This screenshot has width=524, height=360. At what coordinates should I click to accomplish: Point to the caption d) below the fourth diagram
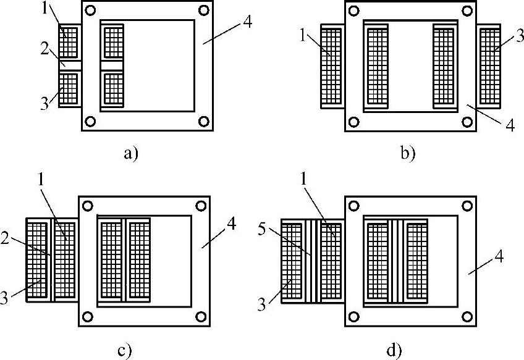click(x=394, y=351)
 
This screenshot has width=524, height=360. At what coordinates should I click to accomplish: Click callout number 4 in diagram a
click(x=247, y=22)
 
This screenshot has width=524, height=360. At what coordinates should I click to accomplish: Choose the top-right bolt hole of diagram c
click(x=200, y=206)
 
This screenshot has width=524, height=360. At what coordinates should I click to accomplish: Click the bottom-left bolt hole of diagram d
click(x=355, y=317)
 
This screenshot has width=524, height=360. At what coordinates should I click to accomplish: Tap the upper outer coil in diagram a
click(x=69, y=43)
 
